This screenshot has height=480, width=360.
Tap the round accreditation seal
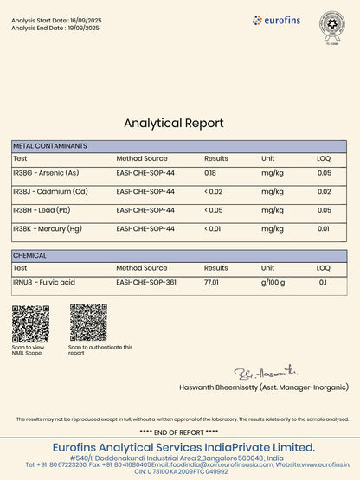click(x=331, y=23)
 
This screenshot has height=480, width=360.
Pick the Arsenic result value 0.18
click(x=210, y=173)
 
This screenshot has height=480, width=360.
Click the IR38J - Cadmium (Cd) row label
click(x=50, y=191)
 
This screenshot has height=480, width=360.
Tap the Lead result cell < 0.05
click(x=214, y=210)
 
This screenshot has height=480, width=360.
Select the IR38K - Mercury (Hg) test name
click(x=48, y=228)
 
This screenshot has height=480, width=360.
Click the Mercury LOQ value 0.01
click(x=323, y=228)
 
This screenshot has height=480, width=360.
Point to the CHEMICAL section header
click(x=30, y=256)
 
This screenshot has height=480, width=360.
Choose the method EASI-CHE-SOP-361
click(x=146, y=283)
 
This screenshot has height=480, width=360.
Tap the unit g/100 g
click(x=273, y=283)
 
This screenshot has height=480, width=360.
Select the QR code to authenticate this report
click(x=87, y=323)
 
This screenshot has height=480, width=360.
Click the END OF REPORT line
click(x=179, y=431)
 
